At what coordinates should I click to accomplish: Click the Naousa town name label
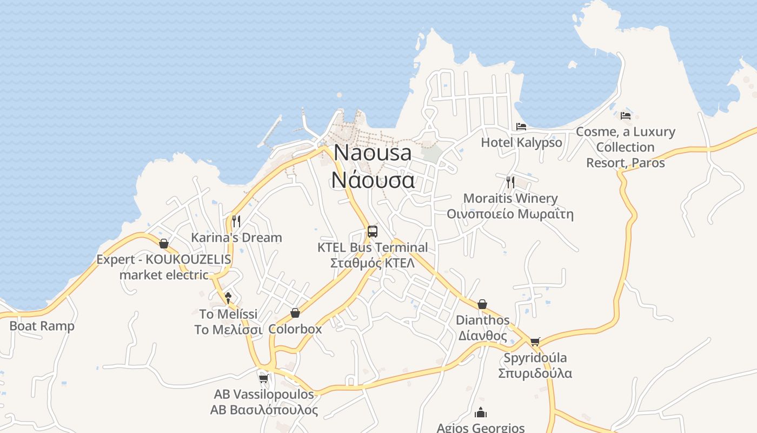pos(373,153)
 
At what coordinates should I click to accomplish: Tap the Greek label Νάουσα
pos(373,180)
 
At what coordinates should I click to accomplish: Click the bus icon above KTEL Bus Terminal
pos(372,232)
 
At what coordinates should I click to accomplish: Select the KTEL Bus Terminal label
pos(373,247)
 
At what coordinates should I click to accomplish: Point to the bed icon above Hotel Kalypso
pos(521,127)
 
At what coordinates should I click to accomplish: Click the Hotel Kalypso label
pos(522,142)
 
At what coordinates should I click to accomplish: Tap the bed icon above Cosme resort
pos(626,116)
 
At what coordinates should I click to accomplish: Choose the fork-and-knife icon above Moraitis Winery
pos(510,182)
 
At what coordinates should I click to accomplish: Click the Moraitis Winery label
pos(510,198)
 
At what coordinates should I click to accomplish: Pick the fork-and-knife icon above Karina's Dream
pos(236,221)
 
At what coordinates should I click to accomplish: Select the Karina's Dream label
pos(236,237)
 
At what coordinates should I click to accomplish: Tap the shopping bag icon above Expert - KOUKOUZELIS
pos(163,244)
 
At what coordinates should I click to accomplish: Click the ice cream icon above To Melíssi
pos(228,297)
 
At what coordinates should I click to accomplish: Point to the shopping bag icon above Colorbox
pos(295,313)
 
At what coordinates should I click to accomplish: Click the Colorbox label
pos(295,329)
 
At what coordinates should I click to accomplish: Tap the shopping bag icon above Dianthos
pos(482,304)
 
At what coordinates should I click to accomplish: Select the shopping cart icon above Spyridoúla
pos(535,342)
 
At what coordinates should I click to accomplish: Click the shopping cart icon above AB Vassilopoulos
pos(263,378)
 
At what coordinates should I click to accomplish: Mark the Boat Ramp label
pos(42,326)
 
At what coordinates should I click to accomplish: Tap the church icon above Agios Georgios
pos(480,413)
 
